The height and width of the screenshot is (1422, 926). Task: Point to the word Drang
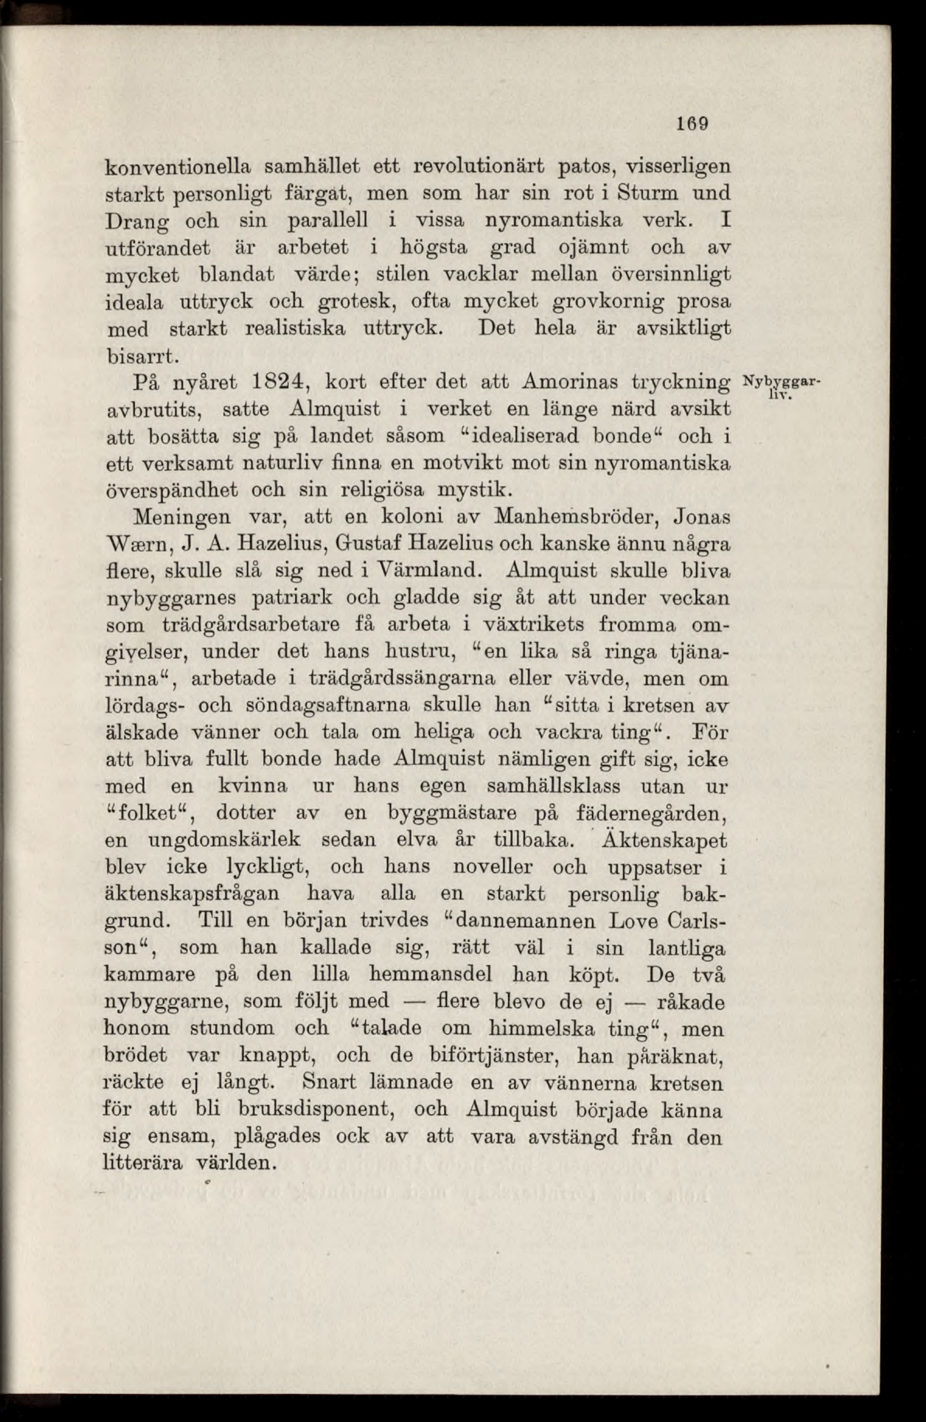135,222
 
